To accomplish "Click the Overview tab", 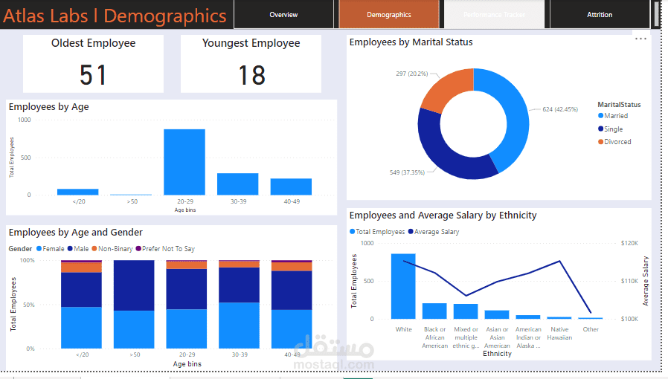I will (283, 15).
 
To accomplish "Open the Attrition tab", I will (600, 15).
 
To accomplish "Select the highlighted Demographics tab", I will (389, 15).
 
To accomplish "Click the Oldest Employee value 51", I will (94, 74).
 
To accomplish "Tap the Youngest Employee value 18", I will (251, 74).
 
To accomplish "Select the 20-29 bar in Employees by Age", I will (184, 162).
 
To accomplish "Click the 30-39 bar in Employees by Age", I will (237, 184).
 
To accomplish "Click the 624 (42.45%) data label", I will (559, 110).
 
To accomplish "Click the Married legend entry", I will (615, 116).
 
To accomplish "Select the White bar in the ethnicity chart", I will (403, 286).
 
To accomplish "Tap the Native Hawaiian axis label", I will (559, 334).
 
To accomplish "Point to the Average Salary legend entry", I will (436, 232).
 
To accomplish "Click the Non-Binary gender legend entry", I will (115, 249).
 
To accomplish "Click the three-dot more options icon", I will (640, 39).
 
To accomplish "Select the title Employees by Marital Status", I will (411, 42).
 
